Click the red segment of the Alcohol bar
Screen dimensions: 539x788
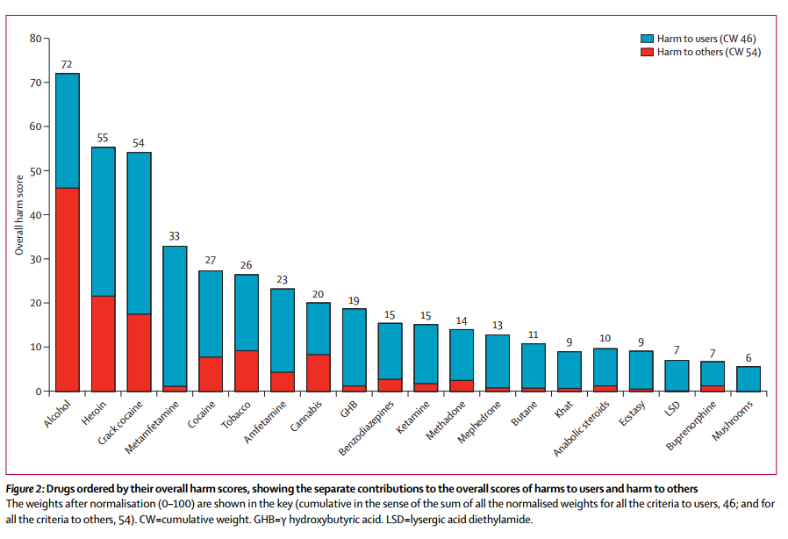68,290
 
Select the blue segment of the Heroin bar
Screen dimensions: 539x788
104,221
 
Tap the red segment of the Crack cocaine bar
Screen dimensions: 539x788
140,352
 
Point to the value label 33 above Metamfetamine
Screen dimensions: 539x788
175,237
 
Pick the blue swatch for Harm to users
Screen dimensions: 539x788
648,39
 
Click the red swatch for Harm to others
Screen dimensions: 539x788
648,52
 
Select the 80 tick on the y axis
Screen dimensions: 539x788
36,39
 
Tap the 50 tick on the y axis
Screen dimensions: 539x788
36,171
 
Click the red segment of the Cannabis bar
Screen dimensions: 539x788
319,372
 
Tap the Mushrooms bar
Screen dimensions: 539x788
749,378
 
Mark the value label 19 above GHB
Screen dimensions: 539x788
355,299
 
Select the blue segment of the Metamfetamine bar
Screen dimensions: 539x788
175,316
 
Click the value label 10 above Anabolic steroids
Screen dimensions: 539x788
605,339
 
